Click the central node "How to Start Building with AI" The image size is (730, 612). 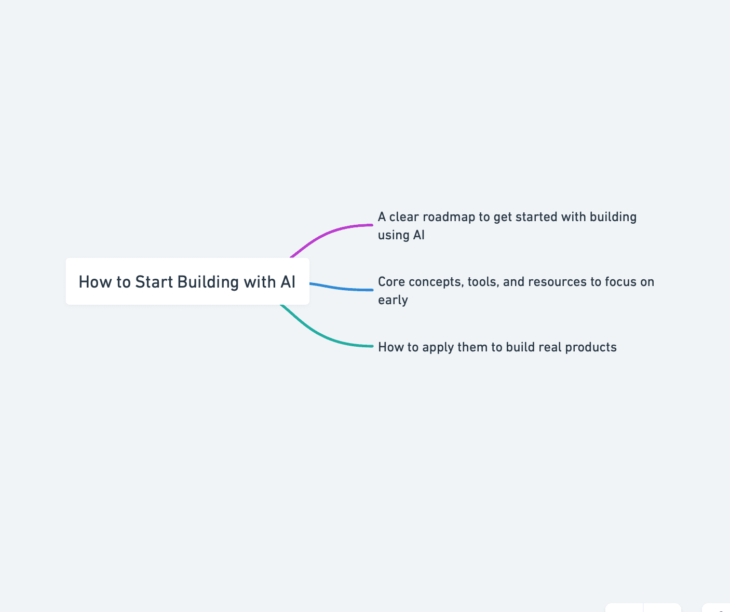(x=187, y=281)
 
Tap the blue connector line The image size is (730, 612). (x=343, y=288)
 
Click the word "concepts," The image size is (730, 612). (x=436, y=282)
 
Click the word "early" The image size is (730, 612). (x=393, y=300)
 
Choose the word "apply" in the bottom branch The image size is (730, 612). (x=438, y=347)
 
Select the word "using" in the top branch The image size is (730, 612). (x=393, y=235)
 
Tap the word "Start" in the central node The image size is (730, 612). (x=154, y=282)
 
